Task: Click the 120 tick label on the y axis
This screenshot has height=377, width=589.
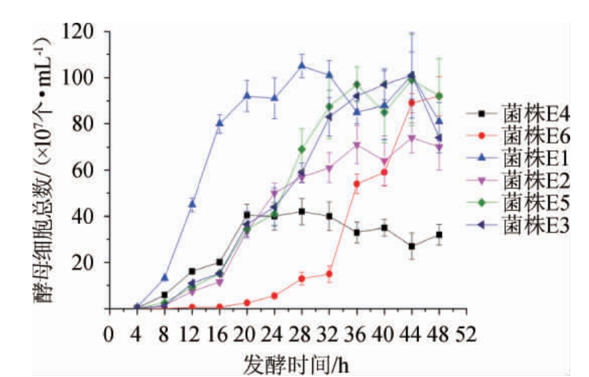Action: tap(81, 31)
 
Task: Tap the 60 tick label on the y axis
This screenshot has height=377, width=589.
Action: tap(86, 170)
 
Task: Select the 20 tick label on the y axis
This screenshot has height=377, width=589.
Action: tap(86, 262)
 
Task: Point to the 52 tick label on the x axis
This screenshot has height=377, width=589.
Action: tap(466, 333)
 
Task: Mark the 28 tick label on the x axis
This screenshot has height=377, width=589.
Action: tap(302, 333)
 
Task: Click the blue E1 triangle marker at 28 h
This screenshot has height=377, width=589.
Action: tap(302, 65)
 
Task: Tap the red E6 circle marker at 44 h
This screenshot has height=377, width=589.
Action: tap(412, 103)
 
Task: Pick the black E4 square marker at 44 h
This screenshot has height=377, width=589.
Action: tap(412, 246)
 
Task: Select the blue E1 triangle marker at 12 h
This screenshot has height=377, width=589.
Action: tap(192, 203)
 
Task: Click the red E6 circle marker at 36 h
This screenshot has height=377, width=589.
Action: tap(357, 184)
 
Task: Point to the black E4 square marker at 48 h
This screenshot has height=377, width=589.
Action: tap(439, 235)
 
